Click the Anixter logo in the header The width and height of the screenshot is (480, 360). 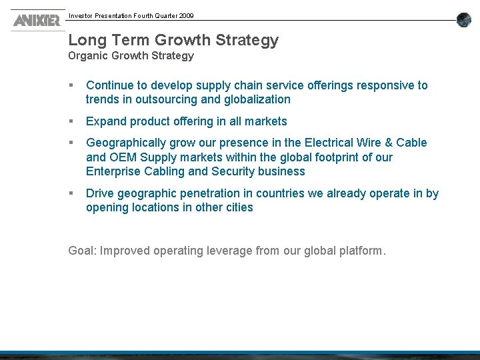[x=36, y=20]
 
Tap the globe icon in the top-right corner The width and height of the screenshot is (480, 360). [x=464, y=20]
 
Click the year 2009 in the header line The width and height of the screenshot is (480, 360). [x=185, y=15]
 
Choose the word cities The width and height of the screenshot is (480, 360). [x=239, y=207]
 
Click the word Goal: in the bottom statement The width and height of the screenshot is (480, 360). [x=82, y=251]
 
